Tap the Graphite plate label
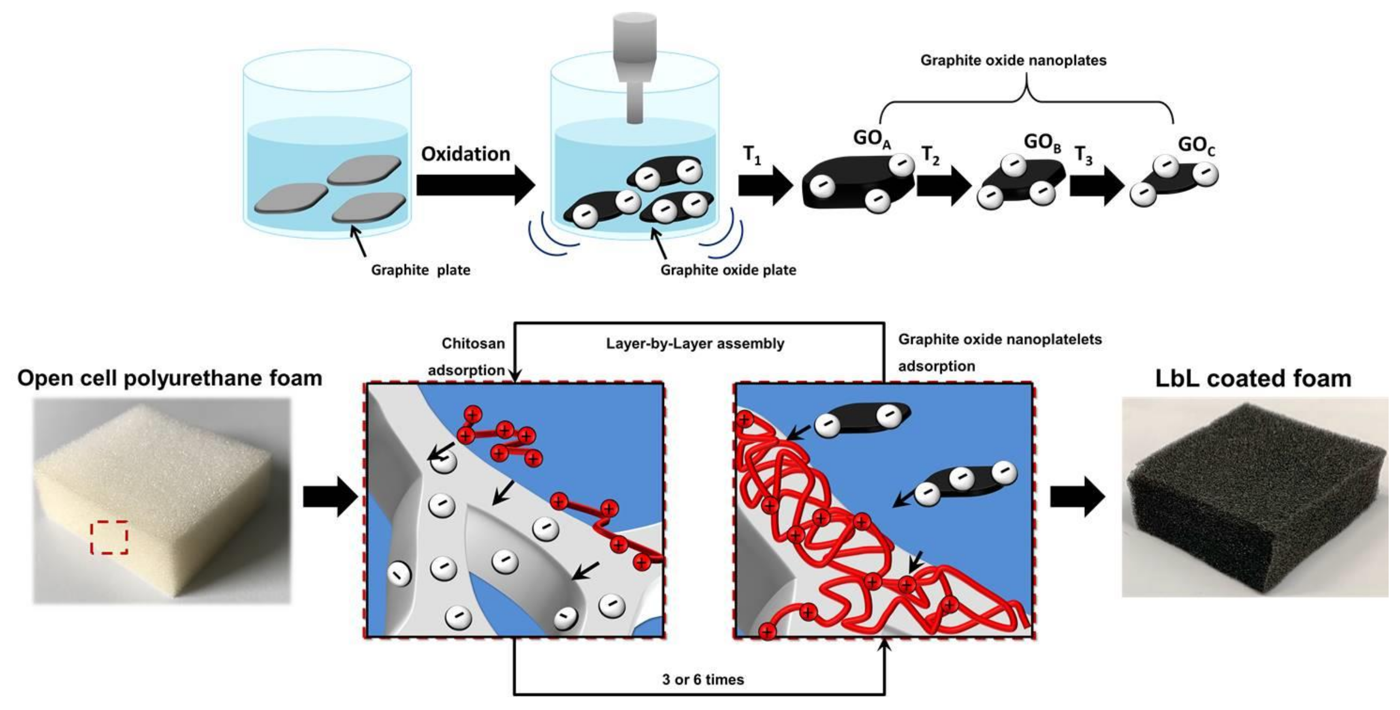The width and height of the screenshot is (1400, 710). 420,270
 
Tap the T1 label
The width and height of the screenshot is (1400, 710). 751,156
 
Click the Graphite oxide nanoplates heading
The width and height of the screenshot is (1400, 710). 1013,60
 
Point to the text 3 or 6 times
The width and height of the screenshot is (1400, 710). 703,680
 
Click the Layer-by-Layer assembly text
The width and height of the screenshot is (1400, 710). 695,344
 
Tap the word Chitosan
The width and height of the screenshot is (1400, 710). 473,344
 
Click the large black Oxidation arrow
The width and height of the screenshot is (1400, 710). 475,185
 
